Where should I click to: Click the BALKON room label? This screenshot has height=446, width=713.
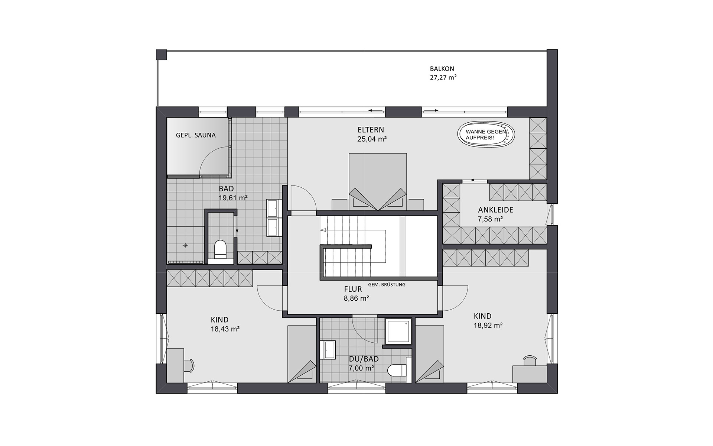click(442, 69)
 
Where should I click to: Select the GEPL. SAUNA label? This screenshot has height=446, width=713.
click(196, 135)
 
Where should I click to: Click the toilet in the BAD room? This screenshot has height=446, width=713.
click(220, 249)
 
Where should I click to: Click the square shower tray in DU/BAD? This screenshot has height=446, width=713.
click(398, 331)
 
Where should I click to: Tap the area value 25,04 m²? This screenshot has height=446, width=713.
click(372, 139)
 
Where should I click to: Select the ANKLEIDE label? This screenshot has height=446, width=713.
click(495, 210)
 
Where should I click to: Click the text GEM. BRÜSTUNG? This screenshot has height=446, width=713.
click(387, 285)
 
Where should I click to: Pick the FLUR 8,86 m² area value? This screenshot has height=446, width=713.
click(356, 298)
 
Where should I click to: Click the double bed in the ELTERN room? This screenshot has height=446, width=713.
click(378, 182)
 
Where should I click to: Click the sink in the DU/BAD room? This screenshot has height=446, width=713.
click(328, 350)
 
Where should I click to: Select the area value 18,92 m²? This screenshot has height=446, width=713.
click(488, 326)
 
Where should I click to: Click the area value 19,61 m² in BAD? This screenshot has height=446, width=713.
click(233, 198)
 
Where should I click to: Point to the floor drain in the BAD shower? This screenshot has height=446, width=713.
click(185, 245)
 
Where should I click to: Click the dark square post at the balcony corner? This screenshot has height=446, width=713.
click(161, 55)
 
